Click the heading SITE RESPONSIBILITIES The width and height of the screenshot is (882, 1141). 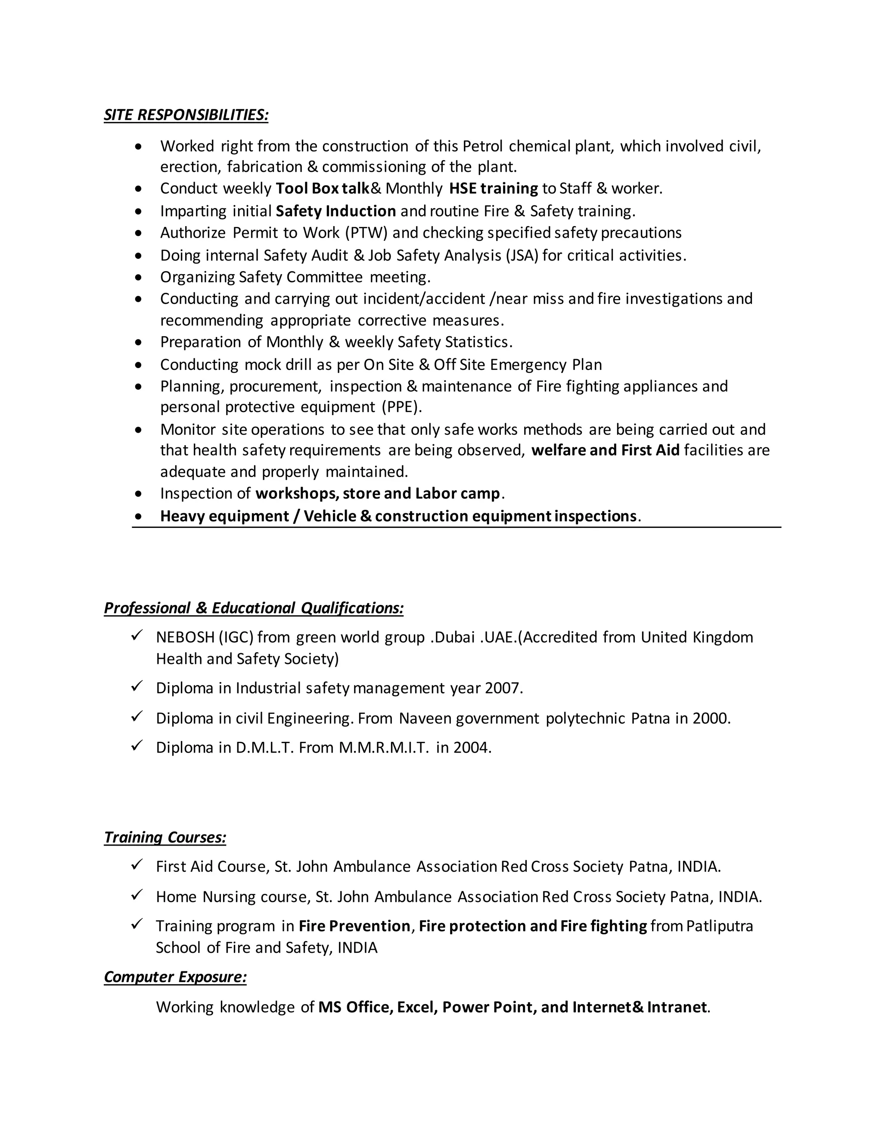[x=186, y=115]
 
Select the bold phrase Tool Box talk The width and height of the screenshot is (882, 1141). [x=323, y=189]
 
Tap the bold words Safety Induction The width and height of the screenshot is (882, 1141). [x=335, y=211]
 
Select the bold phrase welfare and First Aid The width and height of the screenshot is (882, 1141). [x=605, y=450]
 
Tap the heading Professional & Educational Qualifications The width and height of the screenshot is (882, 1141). [x=253, y=608]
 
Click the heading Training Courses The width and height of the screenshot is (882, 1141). [x=165, y=837]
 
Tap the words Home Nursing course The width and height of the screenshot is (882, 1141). [x=231, y=897]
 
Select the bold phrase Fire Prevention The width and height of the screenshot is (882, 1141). [x=354, y=926]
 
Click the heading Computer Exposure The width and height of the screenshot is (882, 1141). [x=175, y=977]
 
